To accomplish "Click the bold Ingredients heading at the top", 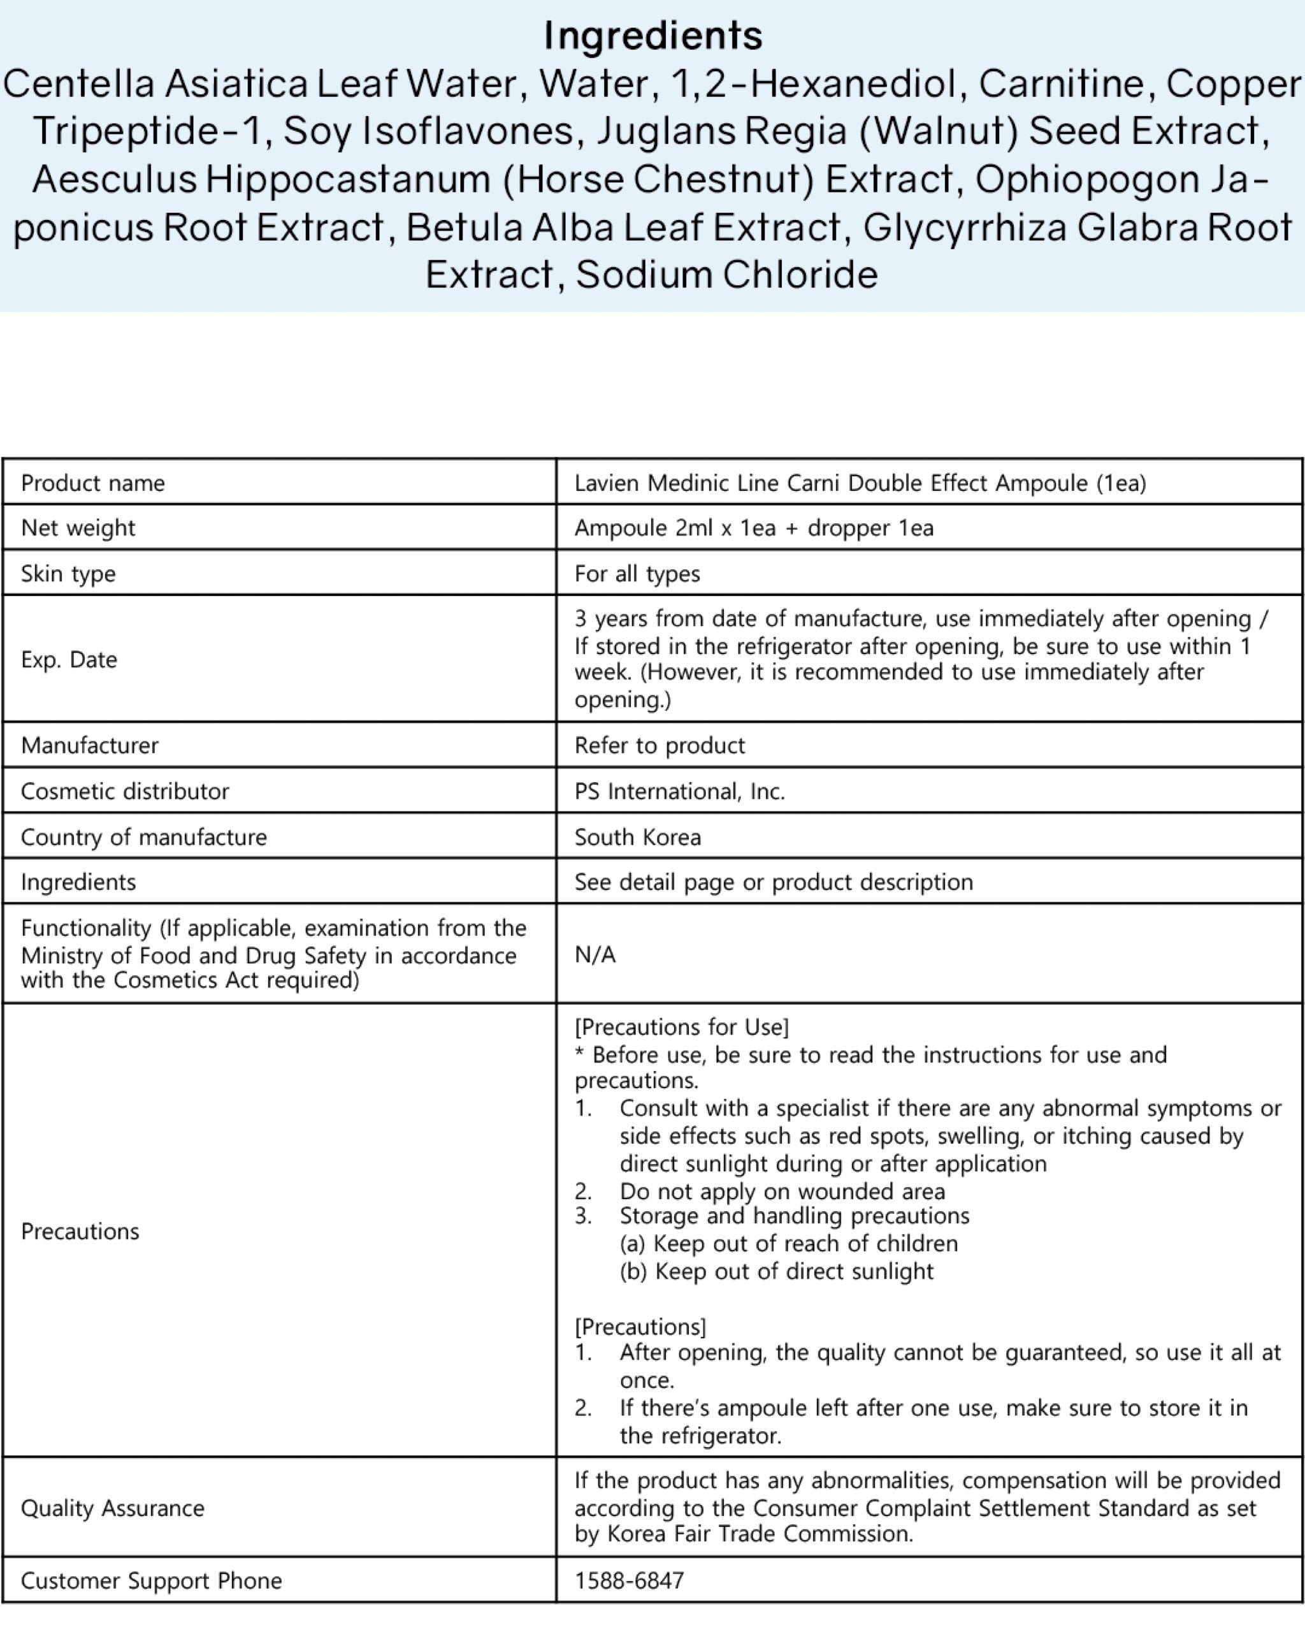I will coord(653,36).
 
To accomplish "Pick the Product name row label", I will coord(93,483).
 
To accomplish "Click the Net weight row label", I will coord(78,528).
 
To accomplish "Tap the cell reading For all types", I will coord(637,574).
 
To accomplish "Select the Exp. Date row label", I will coord(69,659).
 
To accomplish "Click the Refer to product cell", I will coord(660,746).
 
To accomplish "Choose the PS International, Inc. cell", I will coord(679,791).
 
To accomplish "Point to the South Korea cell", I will coord(638,837).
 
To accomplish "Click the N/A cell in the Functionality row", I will coord(595,954).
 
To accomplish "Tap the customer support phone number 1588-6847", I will coord(629,1580).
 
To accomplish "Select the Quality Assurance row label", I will coord(113,1508).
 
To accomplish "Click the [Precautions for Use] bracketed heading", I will coord(682,1026).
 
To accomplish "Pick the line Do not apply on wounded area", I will coord(781,1191).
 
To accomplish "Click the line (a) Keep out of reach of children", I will coord(788,1243).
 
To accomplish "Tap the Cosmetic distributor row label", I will coord(125,791).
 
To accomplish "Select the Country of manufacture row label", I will coord(144,837).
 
